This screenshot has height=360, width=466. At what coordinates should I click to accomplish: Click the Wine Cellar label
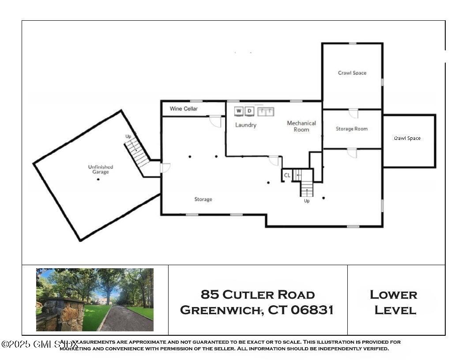(184, 109)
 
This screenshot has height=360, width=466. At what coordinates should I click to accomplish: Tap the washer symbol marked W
(239, 111)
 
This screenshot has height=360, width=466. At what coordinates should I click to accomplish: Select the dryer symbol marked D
(250, 111)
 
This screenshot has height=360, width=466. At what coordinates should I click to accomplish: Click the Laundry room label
(245, 125)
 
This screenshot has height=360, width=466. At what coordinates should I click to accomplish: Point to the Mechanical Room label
(301, 126)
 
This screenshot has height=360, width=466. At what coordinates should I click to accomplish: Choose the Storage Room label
(351, 129)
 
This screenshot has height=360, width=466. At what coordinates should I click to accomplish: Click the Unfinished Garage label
(101, 169)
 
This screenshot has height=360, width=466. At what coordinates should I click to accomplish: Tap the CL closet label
(287, 175)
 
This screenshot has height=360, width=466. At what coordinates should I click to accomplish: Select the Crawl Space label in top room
(352, 73)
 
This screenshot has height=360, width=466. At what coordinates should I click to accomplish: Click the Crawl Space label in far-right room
(407, 138)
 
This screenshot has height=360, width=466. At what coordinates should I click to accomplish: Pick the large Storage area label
(203, 199)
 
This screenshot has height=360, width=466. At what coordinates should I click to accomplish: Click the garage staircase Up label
(128, 136)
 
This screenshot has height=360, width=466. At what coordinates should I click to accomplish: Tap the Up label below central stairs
(307, 201)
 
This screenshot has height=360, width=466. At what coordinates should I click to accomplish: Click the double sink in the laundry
(266, 111)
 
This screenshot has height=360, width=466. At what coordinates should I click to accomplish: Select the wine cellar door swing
(215, 121)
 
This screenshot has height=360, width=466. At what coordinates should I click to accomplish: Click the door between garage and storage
(165, 168)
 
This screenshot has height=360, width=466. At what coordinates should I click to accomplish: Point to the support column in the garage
(98, 179)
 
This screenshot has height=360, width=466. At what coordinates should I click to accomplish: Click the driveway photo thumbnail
(95, 300)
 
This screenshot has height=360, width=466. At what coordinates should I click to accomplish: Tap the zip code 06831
(312, 310)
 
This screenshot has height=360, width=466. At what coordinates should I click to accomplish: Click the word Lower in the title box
(393, 294)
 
